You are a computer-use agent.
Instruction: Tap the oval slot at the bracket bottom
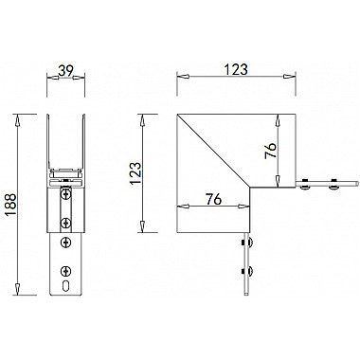tap(64, 283)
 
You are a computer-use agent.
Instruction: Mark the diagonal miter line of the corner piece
tap(216, 150)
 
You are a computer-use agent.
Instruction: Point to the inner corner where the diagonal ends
tap(249, 185)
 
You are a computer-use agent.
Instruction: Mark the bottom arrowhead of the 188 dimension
tap(17, 290)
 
